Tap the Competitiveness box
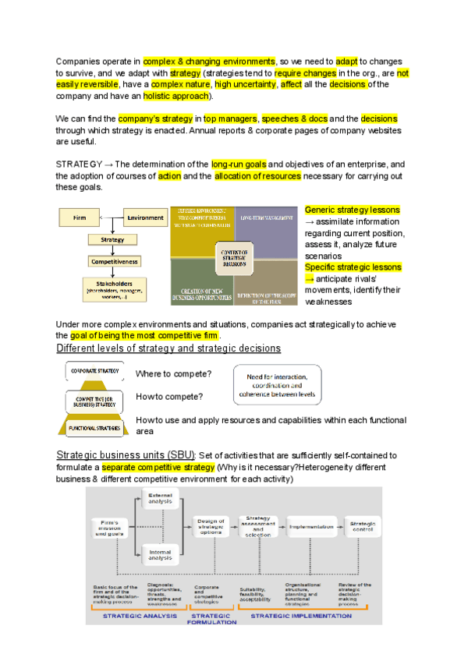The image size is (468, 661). pos(113,262)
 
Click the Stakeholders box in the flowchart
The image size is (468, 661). pos(113,290)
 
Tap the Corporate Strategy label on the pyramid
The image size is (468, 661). pos(94,372)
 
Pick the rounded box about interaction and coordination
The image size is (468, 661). pos(277,385)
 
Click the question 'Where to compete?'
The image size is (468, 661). pos(169,374)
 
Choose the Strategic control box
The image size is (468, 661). pos(363,527)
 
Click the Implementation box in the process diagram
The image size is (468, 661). pos(311,527)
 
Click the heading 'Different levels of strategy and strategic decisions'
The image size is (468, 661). pos(168,348)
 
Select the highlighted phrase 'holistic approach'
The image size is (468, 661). pos(177,97)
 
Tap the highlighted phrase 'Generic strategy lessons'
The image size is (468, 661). pos(352,210)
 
